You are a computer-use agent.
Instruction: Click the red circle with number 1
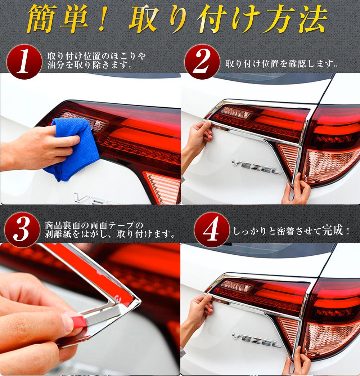point(24,62)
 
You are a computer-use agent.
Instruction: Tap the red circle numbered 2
point(202,62)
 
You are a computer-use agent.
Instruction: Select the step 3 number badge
point(22,230)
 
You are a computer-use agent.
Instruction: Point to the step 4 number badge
point(212,230)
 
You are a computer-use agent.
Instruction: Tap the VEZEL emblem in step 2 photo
point(256,167)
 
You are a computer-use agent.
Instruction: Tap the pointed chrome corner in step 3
point(139,301)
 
